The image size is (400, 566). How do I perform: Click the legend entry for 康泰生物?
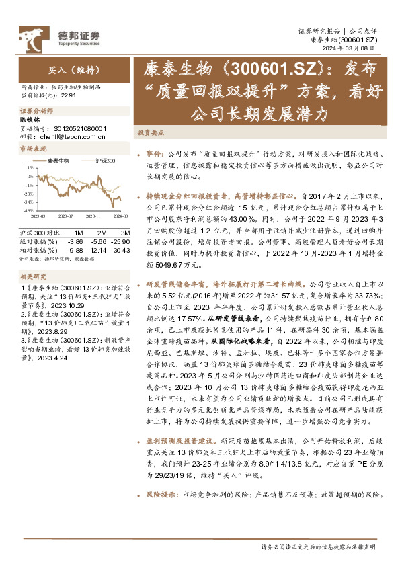click(x=58, y=161)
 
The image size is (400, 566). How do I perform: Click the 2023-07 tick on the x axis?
click(x=65, y=216)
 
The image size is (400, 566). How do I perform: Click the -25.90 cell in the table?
click(x=113, y=240)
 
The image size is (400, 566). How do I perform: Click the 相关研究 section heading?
click(x=32, y=277)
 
